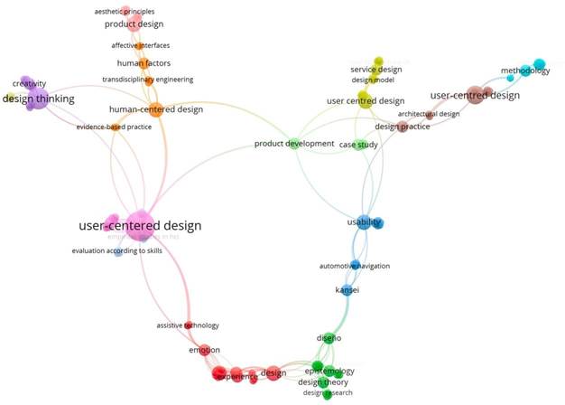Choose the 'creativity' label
(x=29, y=83)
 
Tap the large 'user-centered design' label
(x=140, y=225)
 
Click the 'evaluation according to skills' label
(x=117, y=250)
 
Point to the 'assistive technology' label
(x=187, y=325)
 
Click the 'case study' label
(x=358, y=145)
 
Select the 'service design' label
(x=375, y=69)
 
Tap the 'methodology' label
(x=524, y=71)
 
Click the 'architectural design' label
(x=429, y=114)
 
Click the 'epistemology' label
(x=329, y=371)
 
